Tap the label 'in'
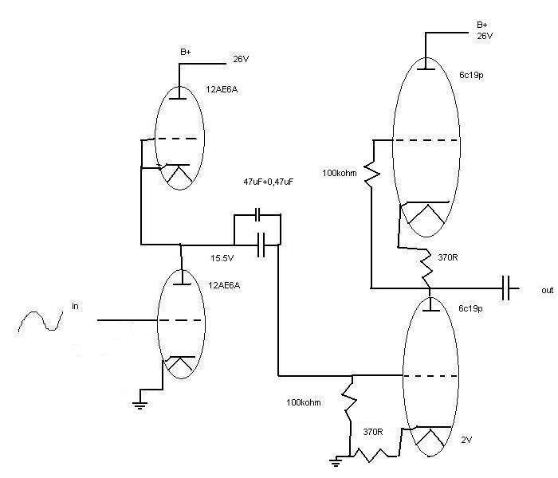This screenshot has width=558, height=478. point(76,305)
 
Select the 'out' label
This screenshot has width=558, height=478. point(547,291)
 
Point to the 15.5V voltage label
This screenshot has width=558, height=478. point(222,258)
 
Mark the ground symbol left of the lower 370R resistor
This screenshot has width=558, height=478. point(338,460)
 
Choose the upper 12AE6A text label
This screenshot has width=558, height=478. point(222,90)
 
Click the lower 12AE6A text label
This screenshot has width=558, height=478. point(222,284)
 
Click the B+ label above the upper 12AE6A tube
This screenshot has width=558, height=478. point(185,52)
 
